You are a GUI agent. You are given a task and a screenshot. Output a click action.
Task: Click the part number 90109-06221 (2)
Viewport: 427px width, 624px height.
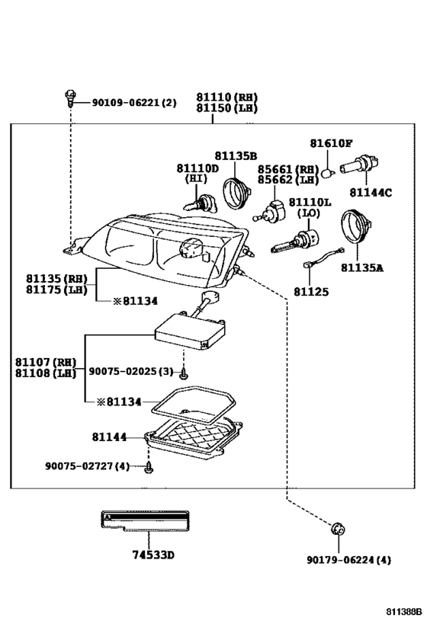click(134, 103)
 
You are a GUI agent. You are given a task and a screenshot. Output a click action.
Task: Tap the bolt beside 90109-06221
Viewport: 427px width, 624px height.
click(70, 98)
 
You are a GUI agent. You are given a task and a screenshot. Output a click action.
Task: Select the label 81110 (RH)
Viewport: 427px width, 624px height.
click(226, 97)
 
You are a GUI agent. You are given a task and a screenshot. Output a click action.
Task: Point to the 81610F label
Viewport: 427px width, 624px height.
click(331, 143)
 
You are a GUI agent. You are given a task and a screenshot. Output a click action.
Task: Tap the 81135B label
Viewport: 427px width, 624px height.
click(236, 156)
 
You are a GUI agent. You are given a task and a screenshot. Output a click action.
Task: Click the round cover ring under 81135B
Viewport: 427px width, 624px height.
click(236, 194)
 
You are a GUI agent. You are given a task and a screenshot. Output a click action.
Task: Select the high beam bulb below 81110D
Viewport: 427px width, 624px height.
click(199, 203)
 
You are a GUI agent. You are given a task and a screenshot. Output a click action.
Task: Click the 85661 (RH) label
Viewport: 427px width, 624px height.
click(288, 169)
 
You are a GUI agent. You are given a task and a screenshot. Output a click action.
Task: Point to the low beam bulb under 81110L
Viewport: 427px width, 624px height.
click(295, 242)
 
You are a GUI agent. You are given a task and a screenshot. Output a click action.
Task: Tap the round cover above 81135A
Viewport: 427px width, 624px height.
click(356, 226)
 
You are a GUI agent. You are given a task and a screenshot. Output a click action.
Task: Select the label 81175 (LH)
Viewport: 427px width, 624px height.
click(56, 290)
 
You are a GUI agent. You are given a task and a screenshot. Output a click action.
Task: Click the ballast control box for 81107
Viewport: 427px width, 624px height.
click(191, 331)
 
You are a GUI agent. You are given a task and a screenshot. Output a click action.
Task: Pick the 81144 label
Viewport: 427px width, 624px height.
click(109, 437)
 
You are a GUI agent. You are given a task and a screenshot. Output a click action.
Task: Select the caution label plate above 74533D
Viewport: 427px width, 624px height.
click(145, 521)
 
